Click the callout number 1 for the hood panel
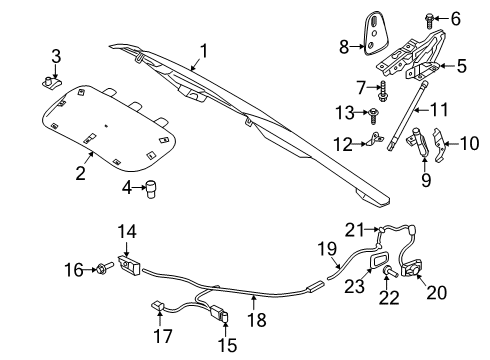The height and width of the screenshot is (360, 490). pyautogui.click(x=203, y=50)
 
